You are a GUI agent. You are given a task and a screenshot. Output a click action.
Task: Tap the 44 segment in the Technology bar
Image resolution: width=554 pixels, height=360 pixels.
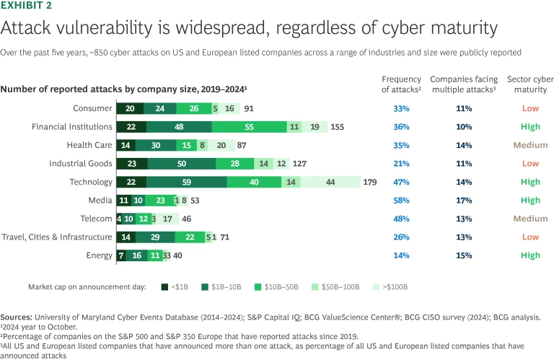point(330,183)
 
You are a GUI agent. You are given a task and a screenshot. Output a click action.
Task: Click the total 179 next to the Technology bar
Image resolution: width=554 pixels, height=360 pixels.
point(369,183)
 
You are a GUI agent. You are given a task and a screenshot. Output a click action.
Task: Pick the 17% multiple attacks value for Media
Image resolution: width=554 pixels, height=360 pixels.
point(465,201)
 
